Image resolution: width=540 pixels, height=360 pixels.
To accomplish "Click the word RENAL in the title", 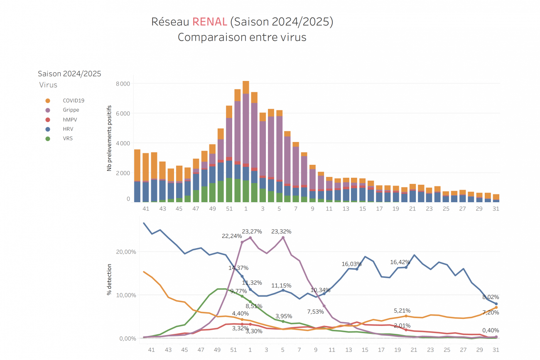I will [209, 22].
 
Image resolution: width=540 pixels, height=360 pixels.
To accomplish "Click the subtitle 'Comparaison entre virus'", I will [242, 37].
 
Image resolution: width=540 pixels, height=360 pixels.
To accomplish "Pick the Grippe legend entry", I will [71, 110].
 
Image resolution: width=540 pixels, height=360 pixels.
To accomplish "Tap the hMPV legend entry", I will [70, 120].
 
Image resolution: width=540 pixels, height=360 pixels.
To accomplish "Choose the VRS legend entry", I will [68, 138].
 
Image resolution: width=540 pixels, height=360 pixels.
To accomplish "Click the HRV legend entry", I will [68, 129].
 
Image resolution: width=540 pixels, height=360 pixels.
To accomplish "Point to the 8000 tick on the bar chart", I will [123, 83].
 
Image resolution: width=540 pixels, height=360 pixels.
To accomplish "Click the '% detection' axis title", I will [109, 281].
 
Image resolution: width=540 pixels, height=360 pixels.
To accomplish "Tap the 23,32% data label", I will [281, 232].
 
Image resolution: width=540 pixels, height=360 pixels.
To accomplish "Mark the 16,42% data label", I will [400, 262].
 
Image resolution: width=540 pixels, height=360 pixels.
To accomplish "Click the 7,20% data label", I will [491, 312].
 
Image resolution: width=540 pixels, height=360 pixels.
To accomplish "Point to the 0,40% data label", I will [491, 331].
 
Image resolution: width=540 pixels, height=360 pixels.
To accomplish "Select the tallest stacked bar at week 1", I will [246, 141].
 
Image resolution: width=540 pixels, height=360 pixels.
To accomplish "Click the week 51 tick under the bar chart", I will [229, 208].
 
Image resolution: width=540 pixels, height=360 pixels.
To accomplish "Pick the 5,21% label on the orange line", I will [402, 311].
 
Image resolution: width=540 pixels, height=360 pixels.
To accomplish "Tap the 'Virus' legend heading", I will [48, 85].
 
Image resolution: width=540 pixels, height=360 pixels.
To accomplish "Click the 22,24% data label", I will [232, 236].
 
